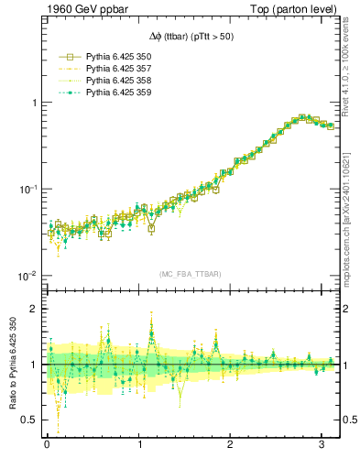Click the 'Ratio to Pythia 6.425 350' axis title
point(11,365)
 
